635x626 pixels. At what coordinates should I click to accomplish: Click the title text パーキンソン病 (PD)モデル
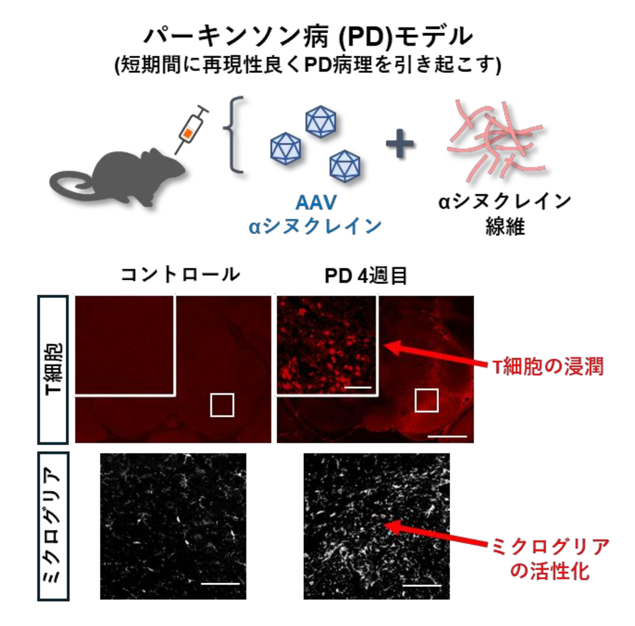point(309,36)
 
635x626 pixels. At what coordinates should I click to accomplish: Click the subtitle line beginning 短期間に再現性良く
point(308,65)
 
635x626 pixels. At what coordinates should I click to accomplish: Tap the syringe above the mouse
point(191,129)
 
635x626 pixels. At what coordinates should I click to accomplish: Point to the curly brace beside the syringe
point(233,135)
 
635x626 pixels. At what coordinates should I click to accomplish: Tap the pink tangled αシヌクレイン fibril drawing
point(496,140)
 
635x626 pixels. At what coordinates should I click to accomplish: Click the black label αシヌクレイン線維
point(505,214)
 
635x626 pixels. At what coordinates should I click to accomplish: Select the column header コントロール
point(181,274)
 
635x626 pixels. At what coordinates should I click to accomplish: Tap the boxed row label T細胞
point(53,369)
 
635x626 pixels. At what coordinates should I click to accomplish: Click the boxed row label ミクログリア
point(53,526)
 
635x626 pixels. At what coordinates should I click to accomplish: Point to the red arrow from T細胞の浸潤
point(435,355)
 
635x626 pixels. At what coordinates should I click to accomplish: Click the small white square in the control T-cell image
point(222,405)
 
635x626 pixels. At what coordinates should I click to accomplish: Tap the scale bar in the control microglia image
point(220,583)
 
